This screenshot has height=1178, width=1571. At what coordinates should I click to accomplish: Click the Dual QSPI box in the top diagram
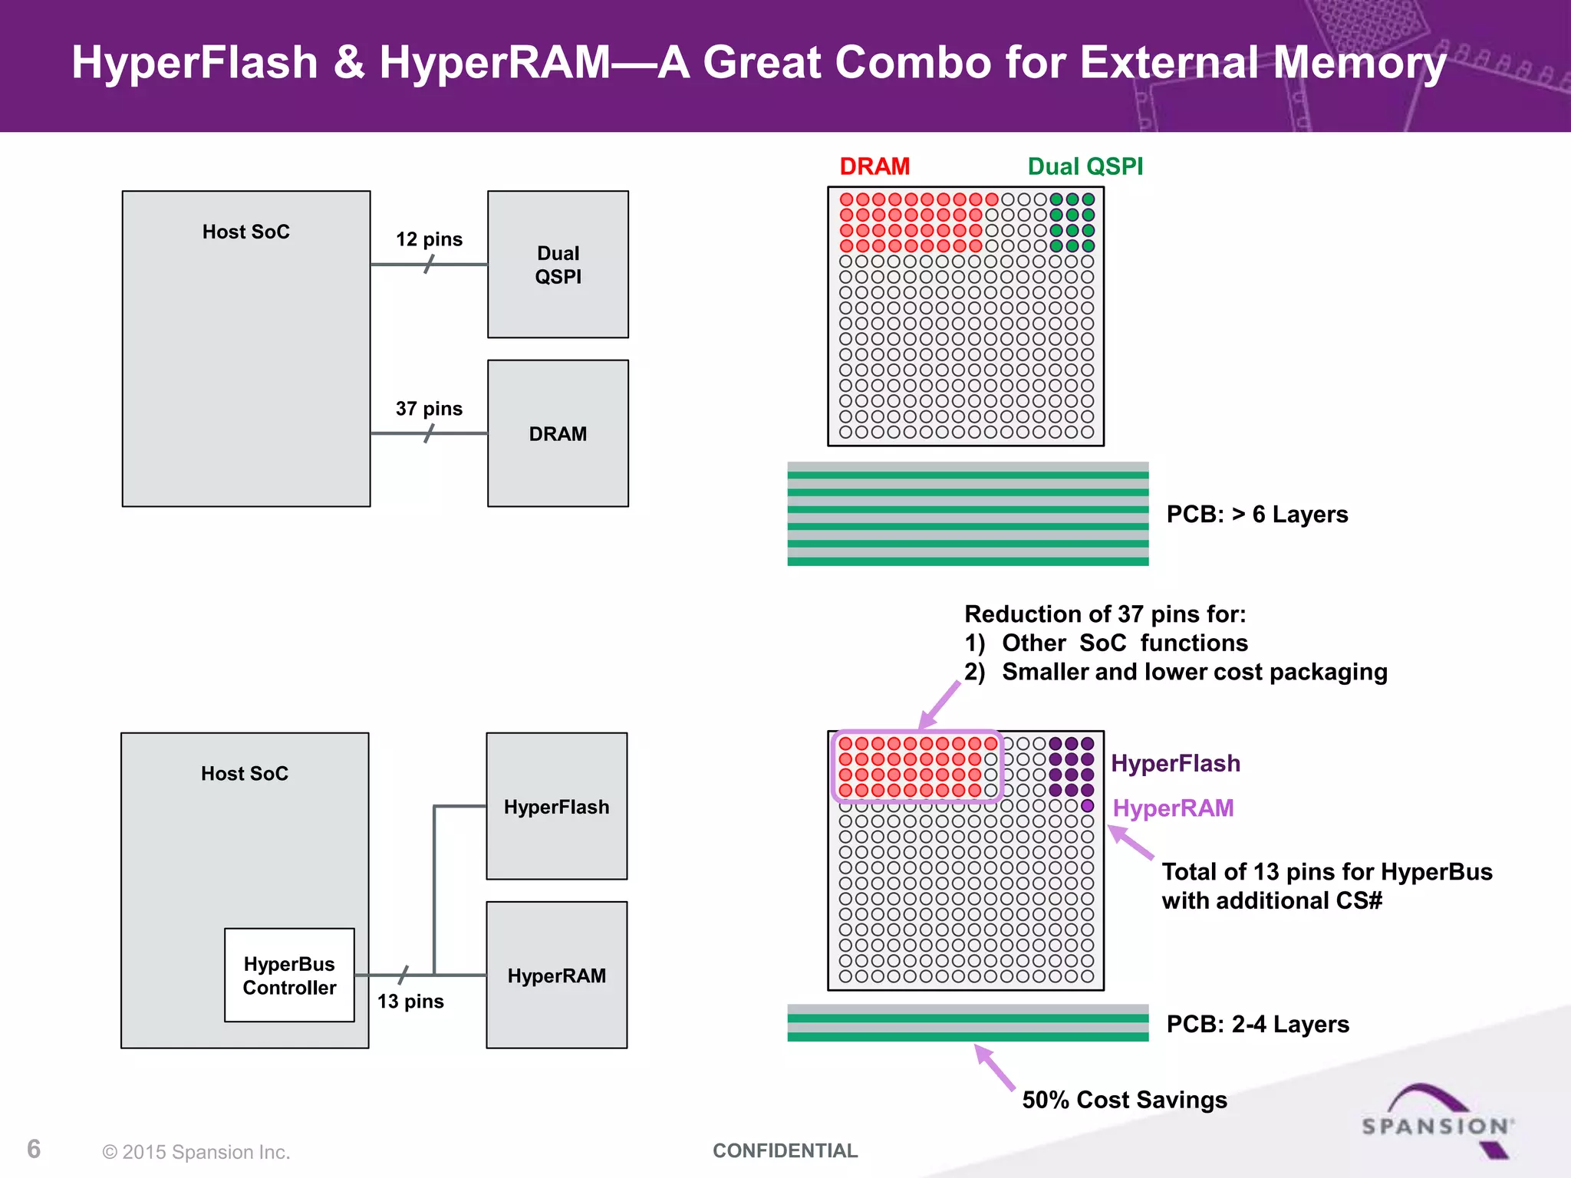pyautogui.click(x=558, y=265)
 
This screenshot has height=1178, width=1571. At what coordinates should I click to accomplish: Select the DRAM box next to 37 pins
pyautogui.click(x=558, y=433)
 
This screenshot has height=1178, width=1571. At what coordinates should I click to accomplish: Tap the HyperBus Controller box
pyautogui.click(x=289, y=976)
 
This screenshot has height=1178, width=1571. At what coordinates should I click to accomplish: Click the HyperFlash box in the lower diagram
pyautogui.click(x=556, y=806)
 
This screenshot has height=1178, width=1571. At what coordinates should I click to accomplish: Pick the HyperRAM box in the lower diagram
pyautogui.click(x=556, y=976)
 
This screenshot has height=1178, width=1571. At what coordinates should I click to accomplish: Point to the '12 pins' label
pyautogui.click(x=429, y=239)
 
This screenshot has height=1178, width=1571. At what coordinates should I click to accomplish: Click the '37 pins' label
pyautogui.click(x=429, y=409)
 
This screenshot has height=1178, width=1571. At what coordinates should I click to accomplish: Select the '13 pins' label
pyautogui.click(x=410, y=1002)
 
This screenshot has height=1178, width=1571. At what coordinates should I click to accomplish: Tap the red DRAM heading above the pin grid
pyautogui.click(x=874, y=166)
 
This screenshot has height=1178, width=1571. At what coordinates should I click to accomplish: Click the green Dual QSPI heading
pyautogui.click(x=1085, y=166)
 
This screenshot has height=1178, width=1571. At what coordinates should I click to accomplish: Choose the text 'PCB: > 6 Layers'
pyautogui.click(x=1256, y=515)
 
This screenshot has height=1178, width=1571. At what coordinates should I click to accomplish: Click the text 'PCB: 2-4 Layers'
pyautogui.click(x=1257, y=1025)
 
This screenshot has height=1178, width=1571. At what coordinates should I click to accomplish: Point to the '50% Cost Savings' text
pyautogui.click(x=1125, y=1100)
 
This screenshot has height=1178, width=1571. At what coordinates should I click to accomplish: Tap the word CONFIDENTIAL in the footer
pyautogui.click(x=785, y=1150)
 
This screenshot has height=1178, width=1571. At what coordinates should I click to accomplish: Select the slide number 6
pyautogui.click(x=34, y=1149)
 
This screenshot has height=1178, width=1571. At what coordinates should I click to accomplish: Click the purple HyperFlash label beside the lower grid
pyautogui.click(x=1175, y=764)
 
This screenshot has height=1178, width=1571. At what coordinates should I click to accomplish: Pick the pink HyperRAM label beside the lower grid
pyautogui.click(x=1173, y=808)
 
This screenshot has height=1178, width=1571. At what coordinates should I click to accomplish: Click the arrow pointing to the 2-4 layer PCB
pyautogui.click(x=996, y=1068)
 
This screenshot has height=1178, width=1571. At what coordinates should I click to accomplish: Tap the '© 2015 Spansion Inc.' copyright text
pyautogui.click(x=196, y=1152)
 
